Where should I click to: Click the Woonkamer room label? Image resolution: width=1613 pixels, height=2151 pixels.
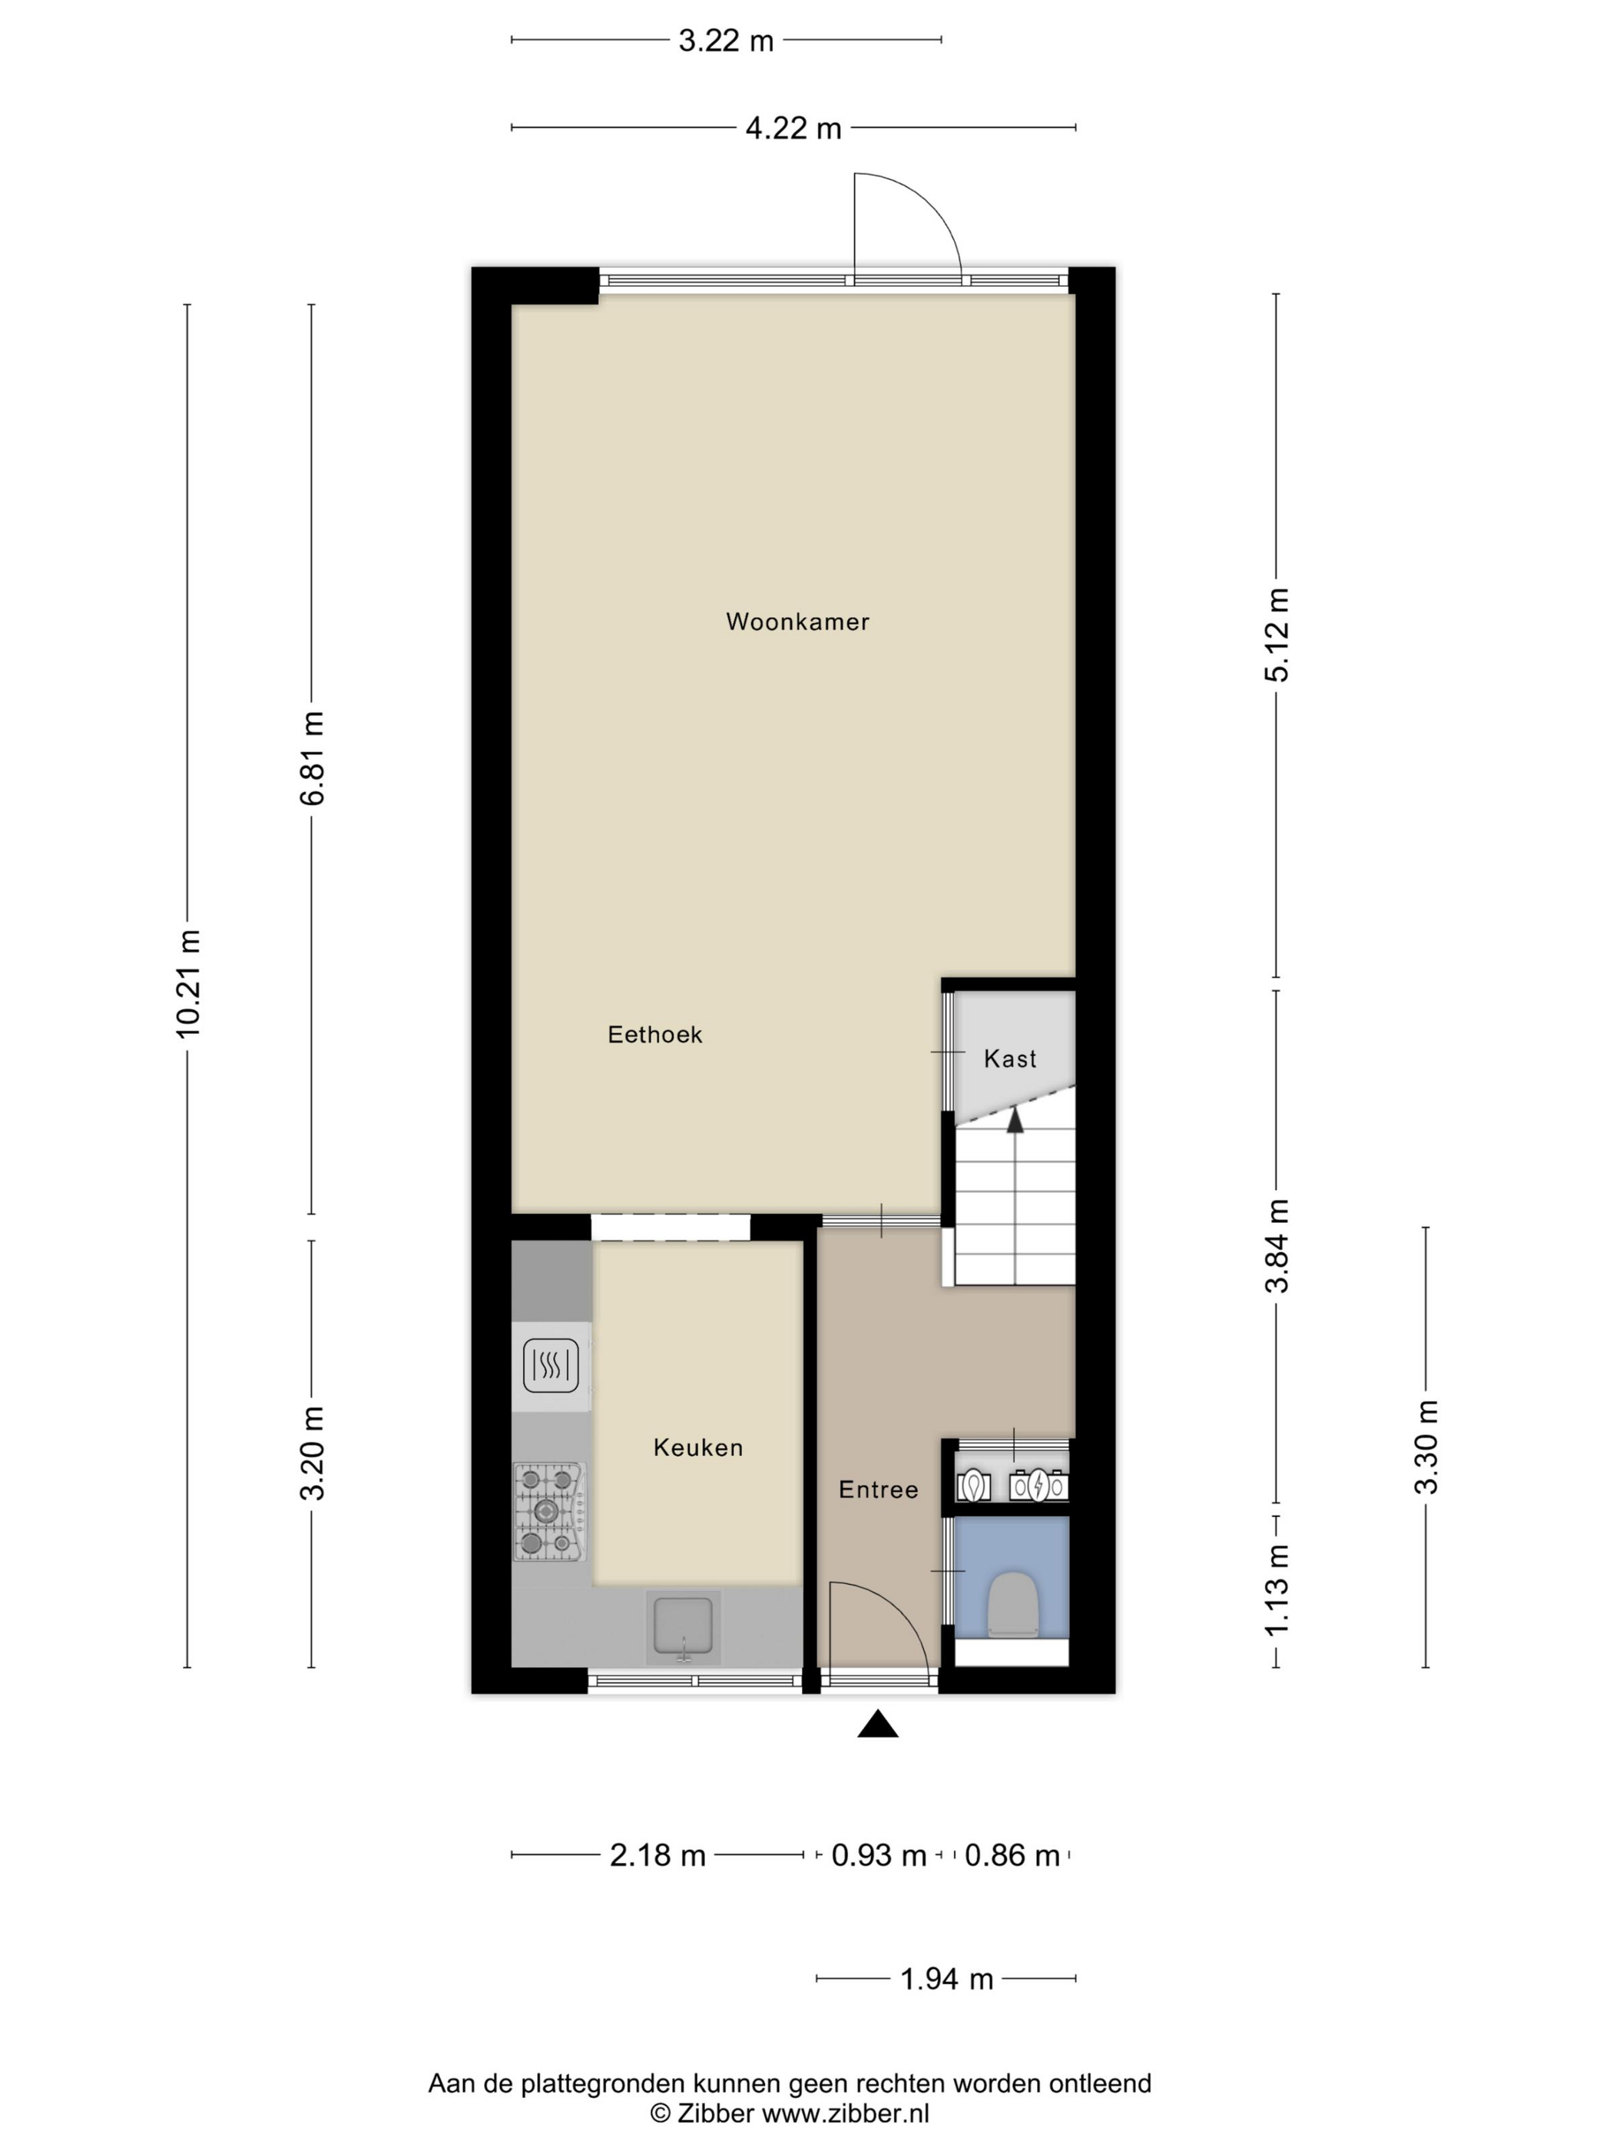point(797,621)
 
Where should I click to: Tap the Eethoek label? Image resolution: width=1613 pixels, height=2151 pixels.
point(654,1034)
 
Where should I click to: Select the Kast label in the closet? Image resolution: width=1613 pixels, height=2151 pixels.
point(1010,1058)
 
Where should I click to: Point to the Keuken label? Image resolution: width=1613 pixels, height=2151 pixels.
point(698,1447)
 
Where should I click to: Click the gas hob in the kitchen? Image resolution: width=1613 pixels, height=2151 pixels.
point(550,1512)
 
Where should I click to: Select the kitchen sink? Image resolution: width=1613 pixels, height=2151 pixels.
point(684,1628)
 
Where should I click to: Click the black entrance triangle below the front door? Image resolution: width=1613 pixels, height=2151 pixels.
point(877,1724)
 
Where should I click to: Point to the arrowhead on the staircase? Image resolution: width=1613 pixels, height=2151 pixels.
point(1015,1121)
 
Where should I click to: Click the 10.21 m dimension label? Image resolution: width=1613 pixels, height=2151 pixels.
point(187,984)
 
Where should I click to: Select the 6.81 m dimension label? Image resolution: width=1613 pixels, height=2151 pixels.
point(312,758)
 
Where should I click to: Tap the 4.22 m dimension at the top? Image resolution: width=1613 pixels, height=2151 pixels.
point(793,128)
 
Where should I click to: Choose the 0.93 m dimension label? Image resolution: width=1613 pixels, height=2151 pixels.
point(879,1855)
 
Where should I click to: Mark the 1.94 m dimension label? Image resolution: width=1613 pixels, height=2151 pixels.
point(947,1979)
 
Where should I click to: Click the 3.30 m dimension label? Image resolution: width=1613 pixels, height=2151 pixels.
point(1426,1447)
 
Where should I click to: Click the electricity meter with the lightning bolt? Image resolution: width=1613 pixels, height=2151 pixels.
point(1038,1485)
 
